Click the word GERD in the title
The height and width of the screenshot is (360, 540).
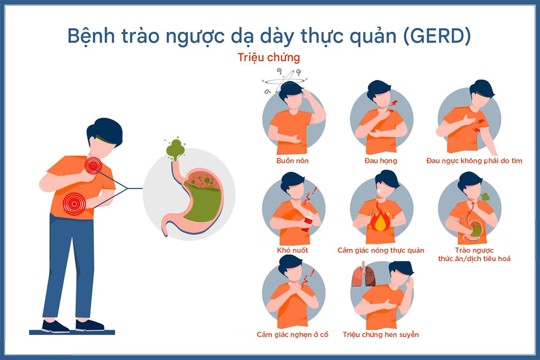click(x=437, y=36)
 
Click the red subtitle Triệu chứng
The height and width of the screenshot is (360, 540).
click(x=269, y=58)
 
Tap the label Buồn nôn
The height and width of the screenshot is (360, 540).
click(x=292, y=161)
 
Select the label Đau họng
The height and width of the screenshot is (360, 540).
click(x=381, y=161)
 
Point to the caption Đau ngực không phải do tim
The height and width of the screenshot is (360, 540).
click(x=474, y=161)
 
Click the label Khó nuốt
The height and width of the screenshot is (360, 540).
click(x=292, y=250)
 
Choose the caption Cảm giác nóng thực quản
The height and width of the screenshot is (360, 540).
click(x=381, y=251)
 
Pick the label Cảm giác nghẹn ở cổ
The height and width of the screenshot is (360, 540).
click(x=292, y=335)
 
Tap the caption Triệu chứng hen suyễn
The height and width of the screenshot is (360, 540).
click(x=381, y=335)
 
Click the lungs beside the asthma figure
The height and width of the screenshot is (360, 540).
click(x=364, y=275)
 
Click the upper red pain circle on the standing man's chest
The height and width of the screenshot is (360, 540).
click(x=93, y=165)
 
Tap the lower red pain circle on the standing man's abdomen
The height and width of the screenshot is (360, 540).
click(x=74, y=204)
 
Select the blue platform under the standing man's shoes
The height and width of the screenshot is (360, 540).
click(x=72, y=333)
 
